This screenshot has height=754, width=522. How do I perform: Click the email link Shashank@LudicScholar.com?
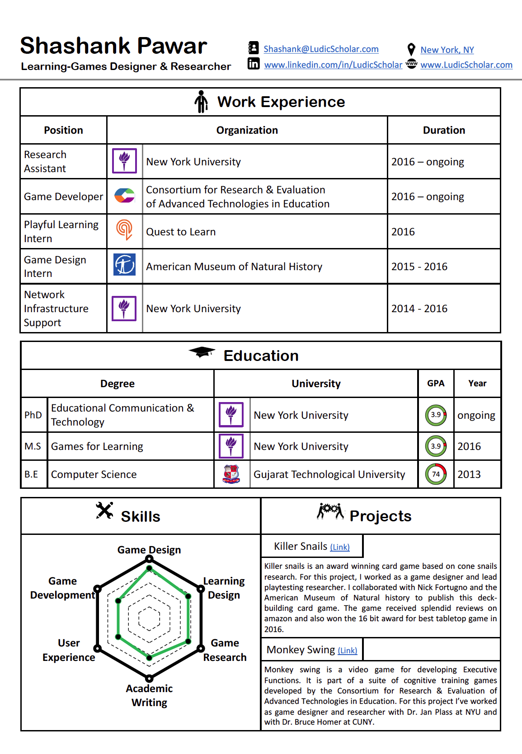tap(321, 49)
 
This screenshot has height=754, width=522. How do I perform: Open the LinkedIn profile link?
tap(333, 65)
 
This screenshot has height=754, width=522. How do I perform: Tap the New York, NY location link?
tap(447, 50)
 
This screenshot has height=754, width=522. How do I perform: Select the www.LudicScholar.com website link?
tap(466, 65)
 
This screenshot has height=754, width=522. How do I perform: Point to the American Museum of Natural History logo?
tap(124, 265)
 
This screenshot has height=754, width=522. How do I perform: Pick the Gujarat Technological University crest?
tap(231, 474)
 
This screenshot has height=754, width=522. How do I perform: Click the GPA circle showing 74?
tap(436, 474)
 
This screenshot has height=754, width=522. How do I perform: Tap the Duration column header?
tap(444, 130)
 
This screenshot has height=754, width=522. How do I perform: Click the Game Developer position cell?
tap(63, 197)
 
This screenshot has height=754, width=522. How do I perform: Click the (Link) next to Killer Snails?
tap(340, 547)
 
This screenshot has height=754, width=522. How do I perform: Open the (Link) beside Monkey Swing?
tap(347, 651)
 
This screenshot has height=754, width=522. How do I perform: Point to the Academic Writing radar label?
tap(149, 695)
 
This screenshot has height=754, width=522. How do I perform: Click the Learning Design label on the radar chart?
tap(224, 588)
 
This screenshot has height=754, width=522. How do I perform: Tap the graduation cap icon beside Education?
tap(202, 352)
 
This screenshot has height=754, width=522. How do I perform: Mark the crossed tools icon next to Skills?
tap(104, 511)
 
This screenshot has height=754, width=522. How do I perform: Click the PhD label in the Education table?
tap(33, 415)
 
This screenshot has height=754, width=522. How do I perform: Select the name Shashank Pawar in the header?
tap(113, 46)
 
